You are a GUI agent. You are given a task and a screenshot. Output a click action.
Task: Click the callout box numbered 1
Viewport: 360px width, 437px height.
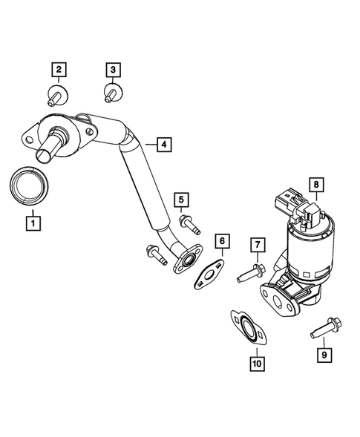click(x=32, y=220)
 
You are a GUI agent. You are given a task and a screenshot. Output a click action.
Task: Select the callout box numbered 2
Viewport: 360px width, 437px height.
click(x=59, y=71)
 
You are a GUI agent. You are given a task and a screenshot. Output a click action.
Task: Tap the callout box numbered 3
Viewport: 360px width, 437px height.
click(x=112, y=71)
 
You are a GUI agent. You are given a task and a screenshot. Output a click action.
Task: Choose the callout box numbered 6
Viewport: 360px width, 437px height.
click(x=220, y=242)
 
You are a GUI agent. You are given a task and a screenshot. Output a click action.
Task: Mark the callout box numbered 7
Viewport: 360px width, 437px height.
click(x=257, y=245)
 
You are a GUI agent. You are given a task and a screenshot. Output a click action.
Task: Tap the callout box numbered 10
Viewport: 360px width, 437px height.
click(x=256, y=364)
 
